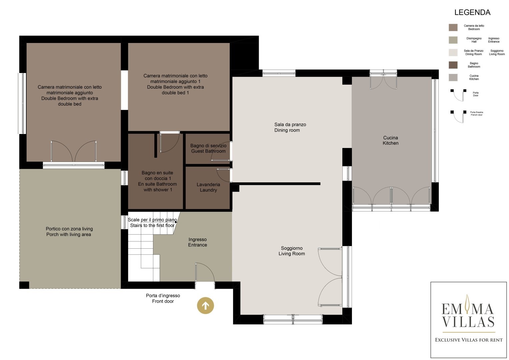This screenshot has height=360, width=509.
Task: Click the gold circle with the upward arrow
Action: point(205,305)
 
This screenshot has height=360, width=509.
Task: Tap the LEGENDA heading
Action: point(472,12)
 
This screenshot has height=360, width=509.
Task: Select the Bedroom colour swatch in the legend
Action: point(453,27)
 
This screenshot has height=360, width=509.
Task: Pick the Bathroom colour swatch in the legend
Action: point(453,65)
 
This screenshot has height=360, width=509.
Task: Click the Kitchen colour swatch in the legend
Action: point(453,77)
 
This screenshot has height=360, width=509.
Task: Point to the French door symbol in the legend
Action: point(458,117)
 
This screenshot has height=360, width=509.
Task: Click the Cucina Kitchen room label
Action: point(390,140)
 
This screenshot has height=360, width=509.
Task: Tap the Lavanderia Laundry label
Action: point(208,187)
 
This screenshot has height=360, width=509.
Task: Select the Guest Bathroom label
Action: point(208,151)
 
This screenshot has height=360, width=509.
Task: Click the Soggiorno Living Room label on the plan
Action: point(292,251)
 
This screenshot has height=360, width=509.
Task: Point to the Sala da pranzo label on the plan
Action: point(290,125)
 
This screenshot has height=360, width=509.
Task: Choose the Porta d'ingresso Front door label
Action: point(163,298)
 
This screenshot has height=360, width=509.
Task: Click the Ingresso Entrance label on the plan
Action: point(197,242)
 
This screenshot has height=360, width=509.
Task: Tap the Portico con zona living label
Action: point(69,229)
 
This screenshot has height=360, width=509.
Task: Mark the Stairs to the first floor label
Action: point(152,225)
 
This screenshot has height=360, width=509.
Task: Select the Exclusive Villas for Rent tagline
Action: point(469,340)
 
